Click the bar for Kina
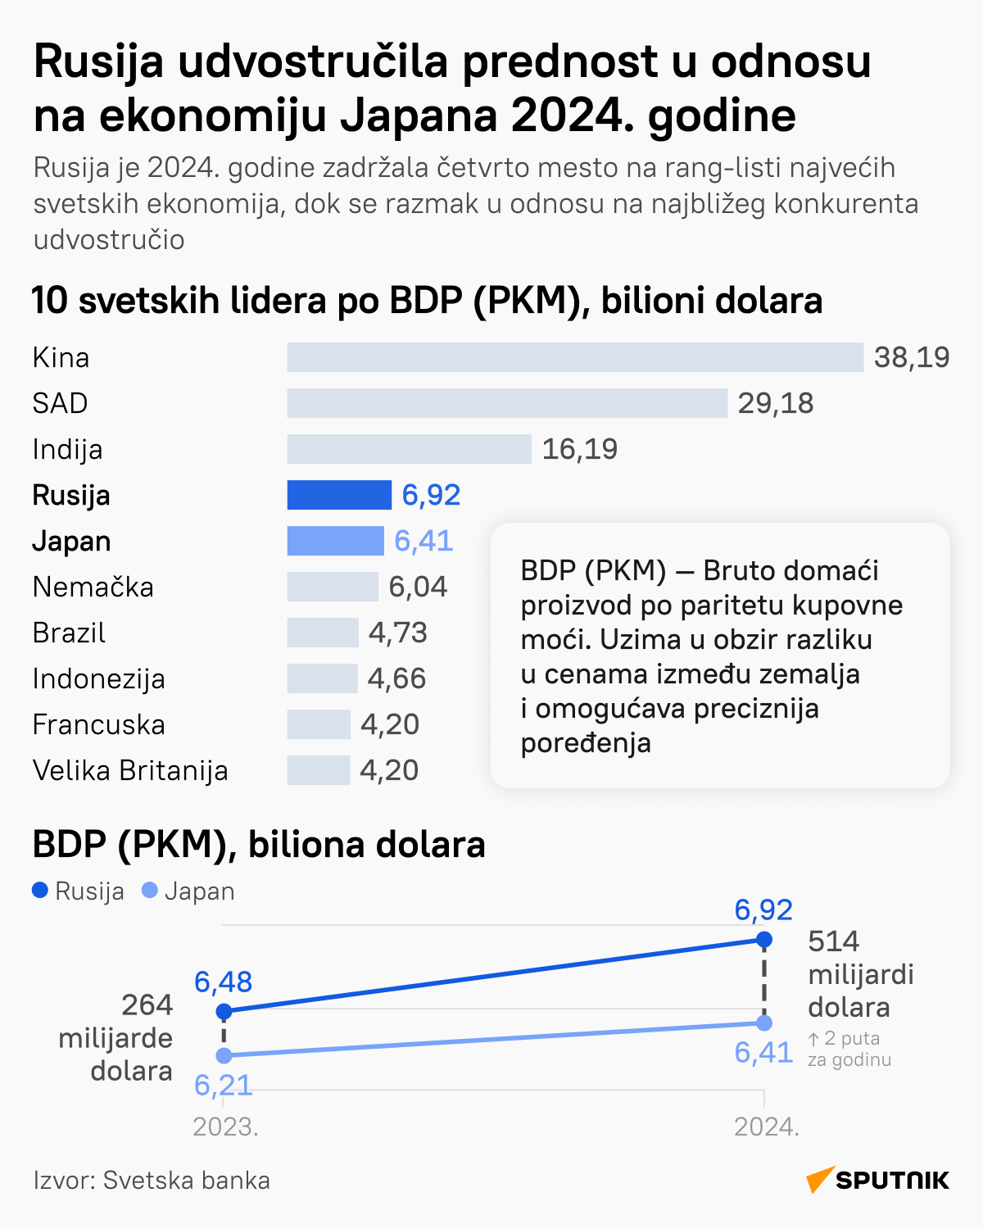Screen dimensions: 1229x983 pos(575,357)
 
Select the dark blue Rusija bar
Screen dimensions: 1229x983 pos(339,495)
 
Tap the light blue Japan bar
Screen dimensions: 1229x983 pos(335,541)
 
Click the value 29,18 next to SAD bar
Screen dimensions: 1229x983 pos(775,403)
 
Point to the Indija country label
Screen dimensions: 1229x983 pos(68,449)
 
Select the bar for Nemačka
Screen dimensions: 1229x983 pos(333,587)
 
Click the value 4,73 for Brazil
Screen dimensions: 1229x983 pos(398,633)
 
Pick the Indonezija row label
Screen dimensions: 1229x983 pos(98,678)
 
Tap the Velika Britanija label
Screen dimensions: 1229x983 pos(130,770)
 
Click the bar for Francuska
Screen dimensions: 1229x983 pos(319,724)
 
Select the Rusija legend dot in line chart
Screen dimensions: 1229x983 pos(40,891)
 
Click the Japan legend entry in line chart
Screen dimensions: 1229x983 pos(188,891)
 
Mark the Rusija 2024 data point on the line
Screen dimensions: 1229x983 pos(764,939)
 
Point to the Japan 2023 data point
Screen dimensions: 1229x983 pos(224,1055)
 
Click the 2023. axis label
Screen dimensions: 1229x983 pos(225,1127)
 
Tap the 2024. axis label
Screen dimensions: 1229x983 pos(766,1127)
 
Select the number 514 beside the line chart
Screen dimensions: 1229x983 pos(833,941)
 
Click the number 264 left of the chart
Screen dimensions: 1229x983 pos(147,1005)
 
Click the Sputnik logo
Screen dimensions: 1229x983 pos(877,1180)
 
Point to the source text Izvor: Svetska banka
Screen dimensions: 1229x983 pos(152,1180)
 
